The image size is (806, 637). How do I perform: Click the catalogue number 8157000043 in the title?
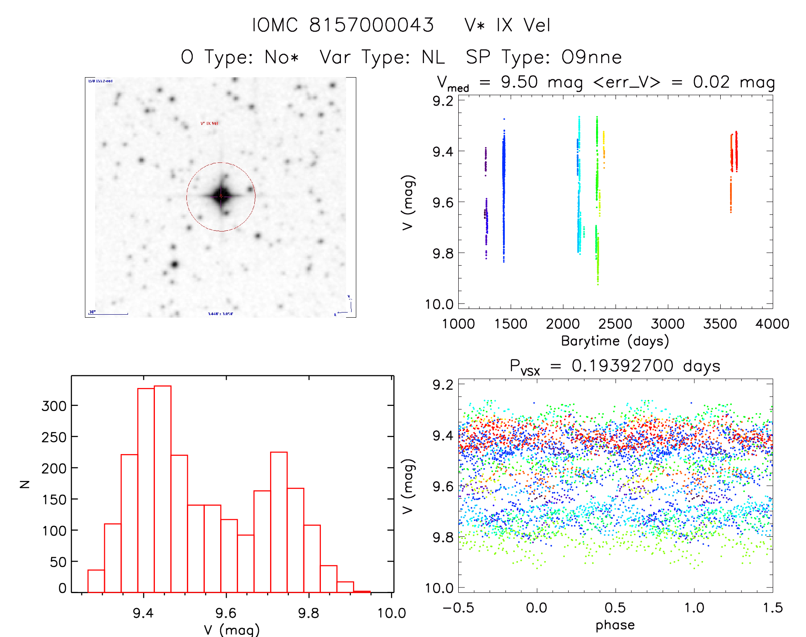[x=371, y=25]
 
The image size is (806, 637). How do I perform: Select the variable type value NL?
[x=433, y=57]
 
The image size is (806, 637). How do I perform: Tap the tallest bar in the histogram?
[x=163, y=489]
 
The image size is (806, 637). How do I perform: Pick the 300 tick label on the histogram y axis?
[x=54, y=406]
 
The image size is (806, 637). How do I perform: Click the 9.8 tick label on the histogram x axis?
[x=308, y=613]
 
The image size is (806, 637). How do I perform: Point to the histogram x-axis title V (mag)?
[x=232, y=630]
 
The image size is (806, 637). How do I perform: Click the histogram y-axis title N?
[x=25, y=484]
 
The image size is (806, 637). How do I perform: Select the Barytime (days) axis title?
[x=615, y=341]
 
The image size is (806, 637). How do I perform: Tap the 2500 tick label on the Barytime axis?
[x=615, y=324]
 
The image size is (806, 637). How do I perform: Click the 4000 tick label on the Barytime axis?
[x=772, y=324]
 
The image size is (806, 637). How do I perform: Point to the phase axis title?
[x=615, y=625]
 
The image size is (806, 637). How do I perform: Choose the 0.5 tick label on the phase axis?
[x=615, y=608]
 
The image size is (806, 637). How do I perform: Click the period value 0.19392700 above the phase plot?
[x=623, y=366]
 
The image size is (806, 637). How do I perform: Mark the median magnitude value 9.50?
[x=519, y=82]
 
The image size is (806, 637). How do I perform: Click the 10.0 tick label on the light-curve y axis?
[x=439, y=304]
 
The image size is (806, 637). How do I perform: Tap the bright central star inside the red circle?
[x=221, y=196]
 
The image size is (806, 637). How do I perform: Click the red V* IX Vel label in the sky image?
[x=210, y=123]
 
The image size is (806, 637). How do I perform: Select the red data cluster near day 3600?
[x=734, y=153]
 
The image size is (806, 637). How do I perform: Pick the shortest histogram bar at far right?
[x=362, y=591]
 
